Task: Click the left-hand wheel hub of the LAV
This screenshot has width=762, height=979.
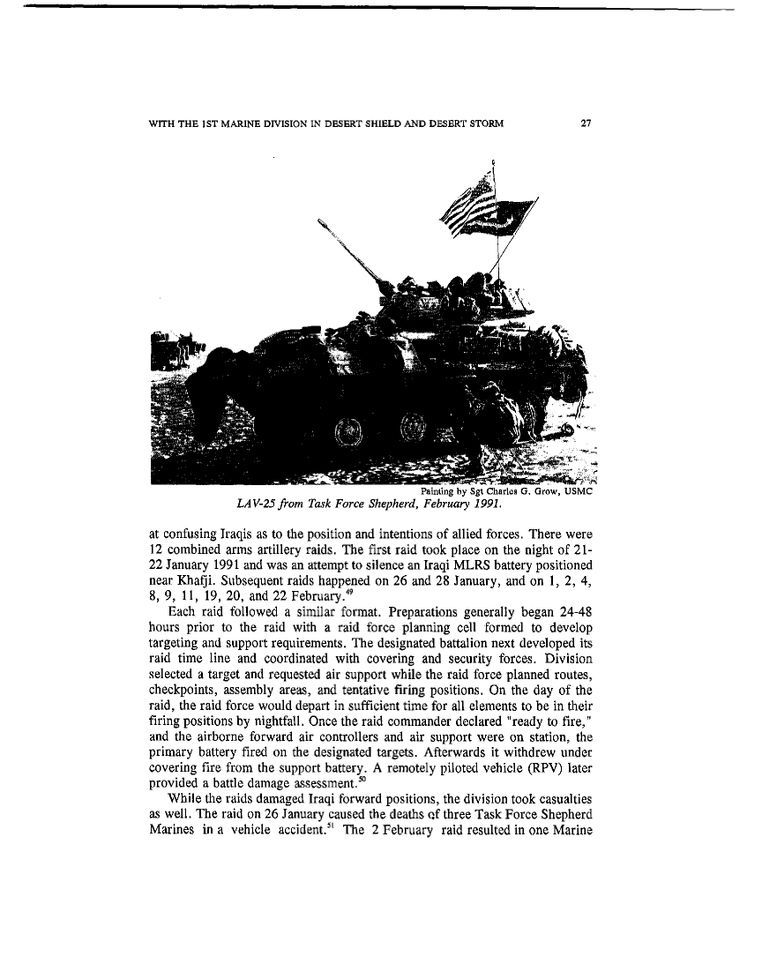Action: [x=340, y=432]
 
